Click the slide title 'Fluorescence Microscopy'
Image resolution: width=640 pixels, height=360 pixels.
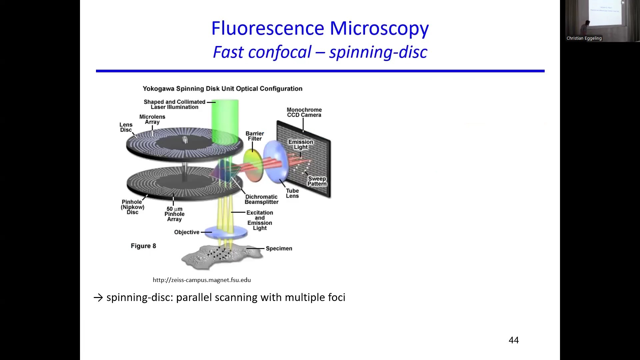tap(320, 28)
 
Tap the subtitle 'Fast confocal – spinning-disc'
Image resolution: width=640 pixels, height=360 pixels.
tap(320, 52)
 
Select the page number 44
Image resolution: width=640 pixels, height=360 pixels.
tap(514, 340)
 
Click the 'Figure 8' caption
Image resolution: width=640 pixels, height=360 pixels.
tap(143, 246)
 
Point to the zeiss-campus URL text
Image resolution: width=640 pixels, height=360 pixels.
tap(202, 280)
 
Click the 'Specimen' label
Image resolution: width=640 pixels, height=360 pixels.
tap(279, 248)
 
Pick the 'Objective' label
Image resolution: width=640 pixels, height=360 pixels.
tap(187, 232)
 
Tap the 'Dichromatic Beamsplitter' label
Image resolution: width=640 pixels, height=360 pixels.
tap(261, 199)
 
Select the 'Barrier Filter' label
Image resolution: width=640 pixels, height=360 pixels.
tap(255, 136)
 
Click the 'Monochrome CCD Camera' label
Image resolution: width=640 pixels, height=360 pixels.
tap(304, 112)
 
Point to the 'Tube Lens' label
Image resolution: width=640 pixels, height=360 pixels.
tap(292, 193)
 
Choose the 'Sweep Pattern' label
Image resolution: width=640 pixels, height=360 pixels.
tap(317, 181)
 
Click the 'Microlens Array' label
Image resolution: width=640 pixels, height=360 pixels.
tap(152, 119)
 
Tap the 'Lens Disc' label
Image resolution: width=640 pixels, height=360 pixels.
tap(126, 127)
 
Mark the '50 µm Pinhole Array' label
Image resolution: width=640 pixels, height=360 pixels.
tap(174, 214)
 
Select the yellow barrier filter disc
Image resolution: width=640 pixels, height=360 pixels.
tap(253, 166)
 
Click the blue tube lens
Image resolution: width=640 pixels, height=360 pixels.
tap(276, 162)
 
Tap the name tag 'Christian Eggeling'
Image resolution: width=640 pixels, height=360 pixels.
tap(584, 38)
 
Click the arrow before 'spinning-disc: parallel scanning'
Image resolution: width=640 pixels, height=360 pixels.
tap(98, 297)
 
